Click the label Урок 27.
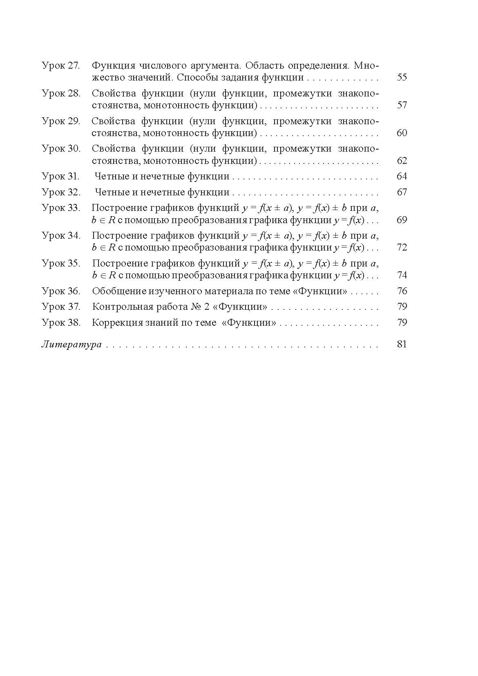coord(61,65)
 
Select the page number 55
coord(402,77)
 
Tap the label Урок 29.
coord(61,121)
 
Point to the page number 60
coord(402,133)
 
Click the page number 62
coord(402,161)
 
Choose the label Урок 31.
coord(61,177)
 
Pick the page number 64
coord(402,177)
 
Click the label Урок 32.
coord(61,192)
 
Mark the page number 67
coord(402,192)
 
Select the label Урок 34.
coord(61,235)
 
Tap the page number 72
coord(402,247)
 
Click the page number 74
coord(402,275)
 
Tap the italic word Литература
coord(71,345)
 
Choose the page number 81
coord(402,344)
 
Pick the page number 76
coord(402,291)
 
